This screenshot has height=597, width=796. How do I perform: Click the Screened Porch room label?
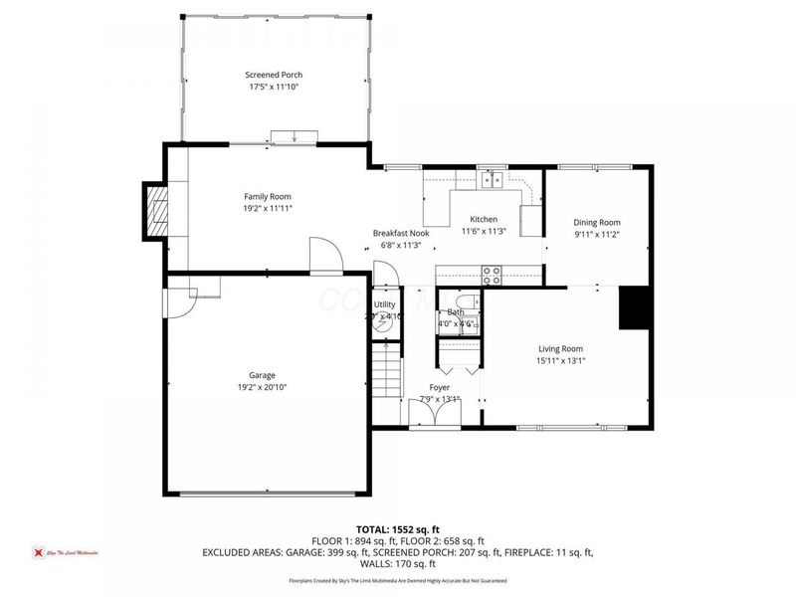[274, 75]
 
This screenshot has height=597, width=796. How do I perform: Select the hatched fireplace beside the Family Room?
[156, 210]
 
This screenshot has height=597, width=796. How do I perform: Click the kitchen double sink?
[492, 180]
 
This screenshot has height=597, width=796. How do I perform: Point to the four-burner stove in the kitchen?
[492, 275]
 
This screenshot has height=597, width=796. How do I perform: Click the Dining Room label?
[596, 222]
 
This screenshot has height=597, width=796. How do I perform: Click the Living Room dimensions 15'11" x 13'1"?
[560, 361]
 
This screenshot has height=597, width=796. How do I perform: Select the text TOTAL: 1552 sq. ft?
[398, 529]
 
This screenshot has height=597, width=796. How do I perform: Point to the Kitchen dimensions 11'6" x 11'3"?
[485, 232]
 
